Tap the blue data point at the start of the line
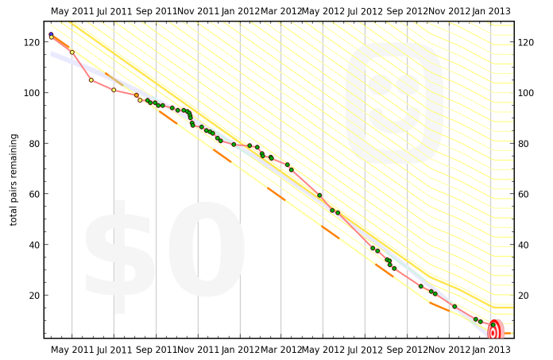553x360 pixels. coord(51,35)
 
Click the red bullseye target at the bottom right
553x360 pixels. coord(493,332)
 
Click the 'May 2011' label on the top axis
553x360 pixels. coord(72,12)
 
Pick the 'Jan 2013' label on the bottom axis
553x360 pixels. coord(491,350)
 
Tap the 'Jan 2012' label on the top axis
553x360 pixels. coord(240,12)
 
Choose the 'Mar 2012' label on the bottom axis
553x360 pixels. coord(281,350)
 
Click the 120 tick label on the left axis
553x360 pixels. coord(33,42)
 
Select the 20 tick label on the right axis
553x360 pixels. coord(525,296)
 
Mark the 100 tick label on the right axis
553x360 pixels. coord(528,93)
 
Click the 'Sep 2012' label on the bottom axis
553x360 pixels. coord(407,350)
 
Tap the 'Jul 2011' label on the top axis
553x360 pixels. coord(114,12)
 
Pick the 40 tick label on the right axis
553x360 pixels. coord(525,245)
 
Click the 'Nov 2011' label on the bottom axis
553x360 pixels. coord(198,350)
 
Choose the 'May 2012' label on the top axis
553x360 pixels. coord(323,12)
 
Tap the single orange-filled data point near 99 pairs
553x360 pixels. coord(137,95)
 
